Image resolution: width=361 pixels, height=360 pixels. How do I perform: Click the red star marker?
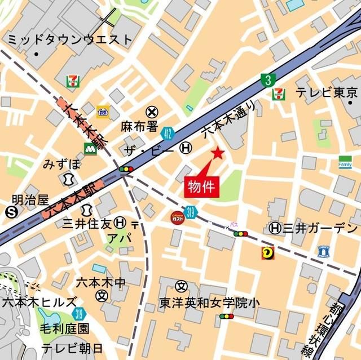[x=218, y=153]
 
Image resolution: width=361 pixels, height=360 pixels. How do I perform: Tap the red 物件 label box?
[x=201, y=186]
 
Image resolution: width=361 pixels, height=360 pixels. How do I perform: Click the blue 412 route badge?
[x=167, y=134]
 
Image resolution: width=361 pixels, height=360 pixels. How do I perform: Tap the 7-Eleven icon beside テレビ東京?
[x=279, y=94]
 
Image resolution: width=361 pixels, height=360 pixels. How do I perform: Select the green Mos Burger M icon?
[x=89, y=149]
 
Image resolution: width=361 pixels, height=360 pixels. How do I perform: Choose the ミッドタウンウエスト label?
[x=69, y=40]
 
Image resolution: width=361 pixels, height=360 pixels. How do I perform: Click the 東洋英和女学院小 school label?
[x=209, y=303]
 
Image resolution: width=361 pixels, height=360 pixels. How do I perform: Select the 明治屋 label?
[x=30, y=199]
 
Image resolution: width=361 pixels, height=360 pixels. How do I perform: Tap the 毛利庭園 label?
[x=64, y=328]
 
